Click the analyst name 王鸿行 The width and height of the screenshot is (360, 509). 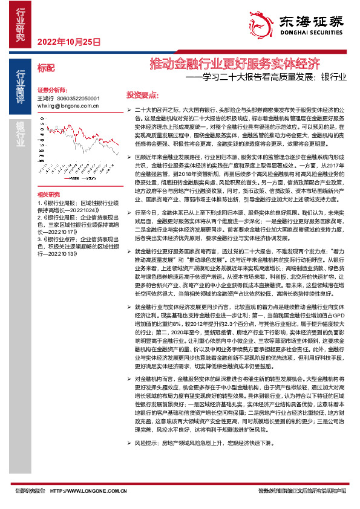click(x=45, y=97)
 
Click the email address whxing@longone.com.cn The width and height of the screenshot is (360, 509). click(x=68, y=105)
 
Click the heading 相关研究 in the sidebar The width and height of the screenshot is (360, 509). click(x=50, y=194)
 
